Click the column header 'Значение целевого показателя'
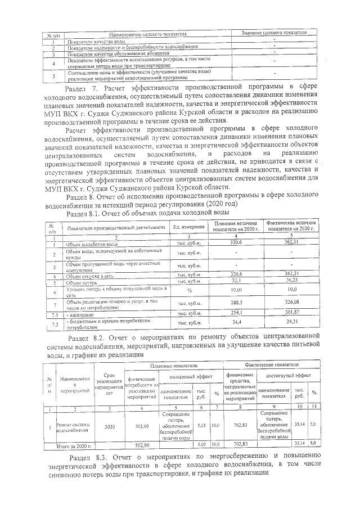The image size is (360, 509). click(273, 34)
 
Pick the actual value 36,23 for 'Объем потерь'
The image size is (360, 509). click(292, 281)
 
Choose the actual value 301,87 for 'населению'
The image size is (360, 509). click(292, 313)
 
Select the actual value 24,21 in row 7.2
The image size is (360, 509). click(292, 323)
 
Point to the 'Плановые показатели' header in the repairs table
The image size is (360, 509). click(169, 366)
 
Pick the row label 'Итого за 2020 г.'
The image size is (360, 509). click(74, 445)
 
